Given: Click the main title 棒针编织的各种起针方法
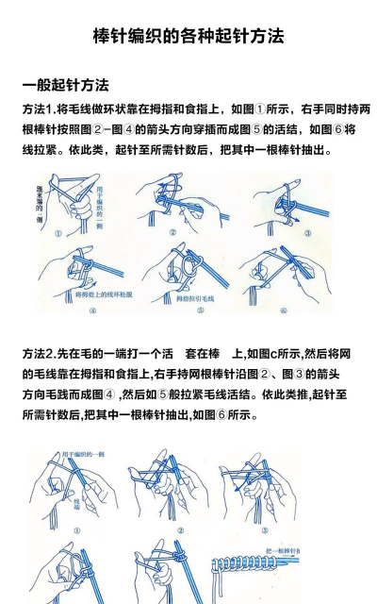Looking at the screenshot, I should coord(188,37).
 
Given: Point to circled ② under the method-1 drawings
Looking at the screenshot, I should coord(172,232).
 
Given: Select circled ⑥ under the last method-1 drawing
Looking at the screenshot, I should coord(283,309).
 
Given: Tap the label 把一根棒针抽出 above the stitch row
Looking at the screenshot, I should coord(284,549).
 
